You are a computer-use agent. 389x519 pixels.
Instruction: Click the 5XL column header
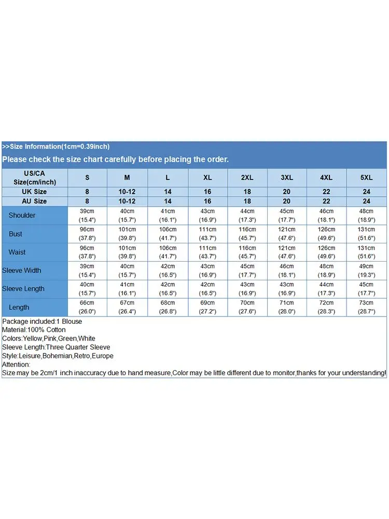366,177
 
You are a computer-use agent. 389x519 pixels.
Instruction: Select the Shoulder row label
22,215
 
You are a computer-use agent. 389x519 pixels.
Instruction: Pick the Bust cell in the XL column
207,234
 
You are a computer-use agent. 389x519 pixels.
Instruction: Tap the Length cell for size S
87,307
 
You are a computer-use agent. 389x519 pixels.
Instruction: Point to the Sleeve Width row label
22,270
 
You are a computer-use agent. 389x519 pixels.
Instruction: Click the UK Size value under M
127,192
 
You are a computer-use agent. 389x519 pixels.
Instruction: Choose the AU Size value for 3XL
286,201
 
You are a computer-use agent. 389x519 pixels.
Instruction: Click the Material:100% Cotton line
34,330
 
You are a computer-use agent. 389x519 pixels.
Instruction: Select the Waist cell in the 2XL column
247,252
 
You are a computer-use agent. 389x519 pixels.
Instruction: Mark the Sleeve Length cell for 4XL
326,289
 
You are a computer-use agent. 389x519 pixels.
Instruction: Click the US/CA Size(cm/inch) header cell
34,177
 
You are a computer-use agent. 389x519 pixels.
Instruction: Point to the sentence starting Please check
115,159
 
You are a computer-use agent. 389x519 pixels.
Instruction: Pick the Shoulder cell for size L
168,215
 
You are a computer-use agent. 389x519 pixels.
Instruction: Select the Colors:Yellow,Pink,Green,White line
49,338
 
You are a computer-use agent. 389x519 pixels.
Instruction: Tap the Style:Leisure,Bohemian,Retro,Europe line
58,356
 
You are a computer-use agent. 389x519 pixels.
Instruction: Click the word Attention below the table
17,364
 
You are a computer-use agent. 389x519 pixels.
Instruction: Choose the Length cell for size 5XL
366,307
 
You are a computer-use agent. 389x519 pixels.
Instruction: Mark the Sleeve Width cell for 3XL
286,270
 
